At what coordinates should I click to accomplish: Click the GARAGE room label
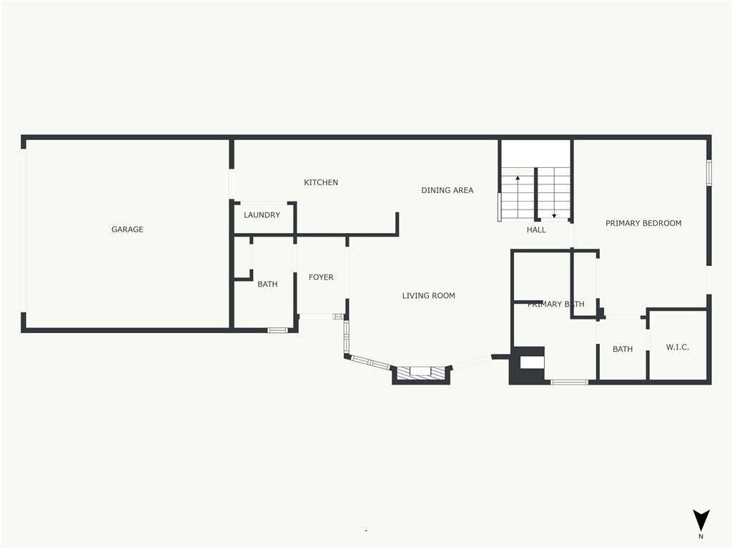(127, 229)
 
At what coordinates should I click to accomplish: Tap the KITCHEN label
(321, 182)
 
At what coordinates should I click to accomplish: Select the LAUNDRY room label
(262, 215)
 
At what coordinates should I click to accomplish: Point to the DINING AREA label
(447, 190)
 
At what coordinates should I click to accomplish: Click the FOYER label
(321, 277)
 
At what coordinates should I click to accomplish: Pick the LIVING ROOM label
(429, 295)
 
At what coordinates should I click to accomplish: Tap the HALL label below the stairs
(536, 229)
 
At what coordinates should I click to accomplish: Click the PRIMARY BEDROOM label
(643, 223)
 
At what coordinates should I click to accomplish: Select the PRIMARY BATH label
(556, 305)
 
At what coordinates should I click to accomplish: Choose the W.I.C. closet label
(678, 347)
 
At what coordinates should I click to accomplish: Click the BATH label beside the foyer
(267, 285)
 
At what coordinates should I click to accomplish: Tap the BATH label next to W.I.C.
(623, 349)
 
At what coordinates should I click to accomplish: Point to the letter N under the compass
(701, 537)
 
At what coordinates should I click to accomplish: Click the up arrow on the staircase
(518, 196)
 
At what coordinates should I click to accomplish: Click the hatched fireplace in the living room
(421, 372)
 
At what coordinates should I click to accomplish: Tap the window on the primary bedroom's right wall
(708, 173)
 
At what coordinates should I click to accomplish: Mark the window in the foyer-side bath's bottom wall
(276, 330)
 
